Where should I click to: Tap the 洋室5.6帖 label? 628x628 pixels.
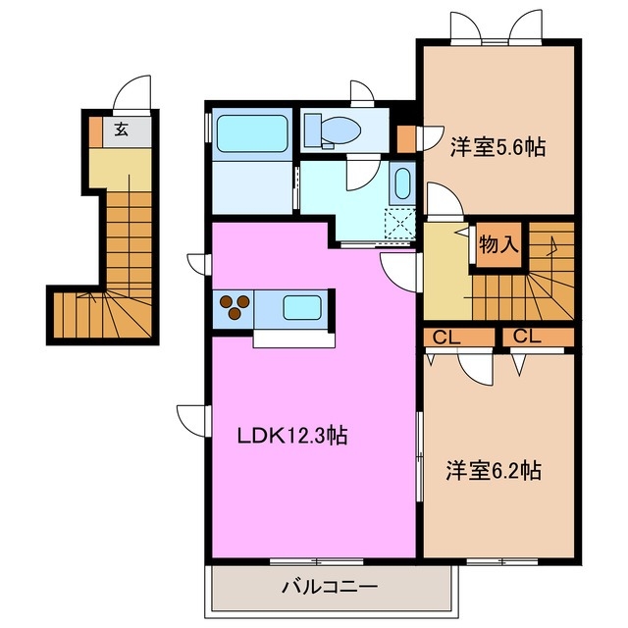coord(497,146)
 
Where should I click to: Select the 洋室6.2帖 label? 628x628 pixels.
coord(494,470)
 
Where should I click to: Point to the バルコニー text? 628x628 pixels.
coord(330,587)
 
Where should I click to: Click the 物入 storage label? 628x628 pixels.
coord(499,243)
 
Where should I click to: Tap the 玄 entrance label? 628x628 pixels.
coord(121,129)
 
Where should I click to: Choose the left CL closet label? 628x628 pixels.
coord(446,339)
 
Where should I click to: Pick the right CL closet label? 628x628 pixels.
coord(527,337)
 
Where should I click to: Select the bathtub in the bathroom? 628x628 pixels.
coord(252,133)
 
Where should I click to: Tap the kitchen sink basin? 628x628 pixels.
coord(302,307)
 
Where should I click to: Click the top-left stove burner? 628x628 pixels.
coord(227,301)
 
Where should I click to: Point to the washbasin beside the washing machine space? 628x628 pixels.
coord(402,183)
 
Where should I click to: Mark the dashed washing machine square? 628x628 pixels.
coord(399,225)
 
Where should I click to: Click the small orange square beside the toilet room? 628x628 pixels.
coord(405,139)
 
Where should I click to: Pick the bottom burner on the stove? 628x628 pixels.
coord(235,314)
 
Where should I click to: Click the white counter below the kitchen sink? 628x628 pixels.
coord(293,339)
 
